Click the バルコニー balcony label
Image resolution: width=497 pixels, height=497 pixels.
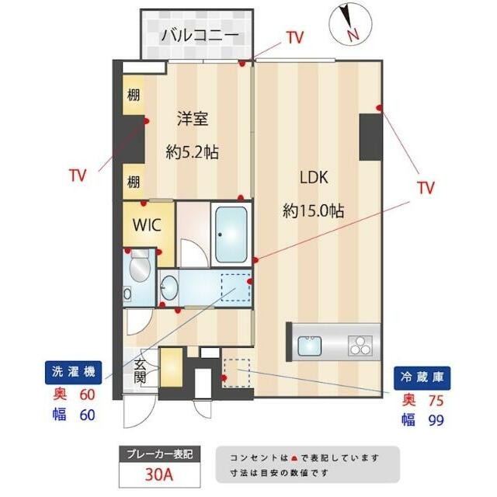200,35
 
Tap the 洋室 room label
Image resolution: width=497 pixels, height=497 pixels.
193,119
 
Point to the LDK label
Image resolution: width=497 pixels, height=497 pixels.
314,178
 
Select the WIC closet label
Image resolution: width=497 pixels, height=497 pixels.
147,224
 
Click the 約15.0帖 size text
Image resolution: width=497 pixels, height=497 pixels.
314,210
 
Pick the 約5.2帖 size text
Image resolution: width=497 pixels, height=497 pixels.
193,152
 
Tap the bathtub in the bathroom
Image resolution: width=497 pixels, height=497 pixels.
231,234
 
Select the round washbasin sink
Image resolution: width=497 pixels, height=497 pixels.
169,287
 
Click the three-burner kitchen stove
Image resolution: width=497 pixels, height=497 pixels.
360,345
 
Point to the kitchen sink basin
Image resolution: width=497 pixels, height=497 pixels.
309,346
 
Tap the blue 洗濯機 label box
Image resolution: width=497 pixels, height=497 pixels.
74,372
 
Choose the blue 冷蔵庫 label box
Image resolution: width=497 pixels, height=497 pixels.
422,377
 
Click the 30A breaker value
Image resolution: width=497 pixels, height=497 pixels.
159,474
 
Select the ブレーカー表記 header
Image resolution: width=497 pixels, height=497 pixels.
160,454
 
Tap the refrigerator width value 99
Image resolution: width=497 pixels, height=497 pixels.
436,421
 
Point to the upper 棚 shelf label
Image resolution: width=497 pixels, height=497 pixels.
133,95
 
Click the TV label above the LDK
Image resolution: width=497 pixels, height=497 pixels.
295,37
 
